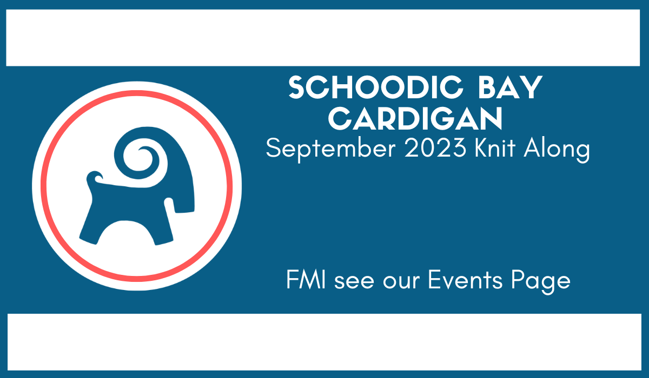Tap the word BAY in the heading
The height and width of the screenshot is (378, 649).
pos(510,87)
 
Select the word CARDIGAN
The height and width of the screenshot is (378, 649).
pos(415,119)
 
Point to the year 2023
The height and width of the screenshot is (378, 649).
pos(435,148)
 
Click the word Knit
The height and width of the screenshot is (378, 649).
pos(495,148)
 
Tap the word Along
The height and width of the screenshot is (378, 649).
pos(557,150)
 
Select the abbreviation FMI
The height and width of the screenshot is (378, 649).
pos(306,279)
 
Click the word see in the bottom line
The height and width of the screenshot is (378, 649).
pos(354,282)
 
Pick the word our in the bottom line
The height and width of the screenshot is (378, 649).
pos(401,282)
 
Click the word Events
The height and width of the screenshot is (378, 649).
pos(465,279)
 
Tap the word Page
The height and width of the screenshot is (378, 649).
pos(541,282)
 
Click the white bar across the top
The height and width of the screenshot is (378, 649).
pos(323,38)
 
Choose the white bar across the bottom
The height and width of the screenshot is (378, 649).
pos(324,342)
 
